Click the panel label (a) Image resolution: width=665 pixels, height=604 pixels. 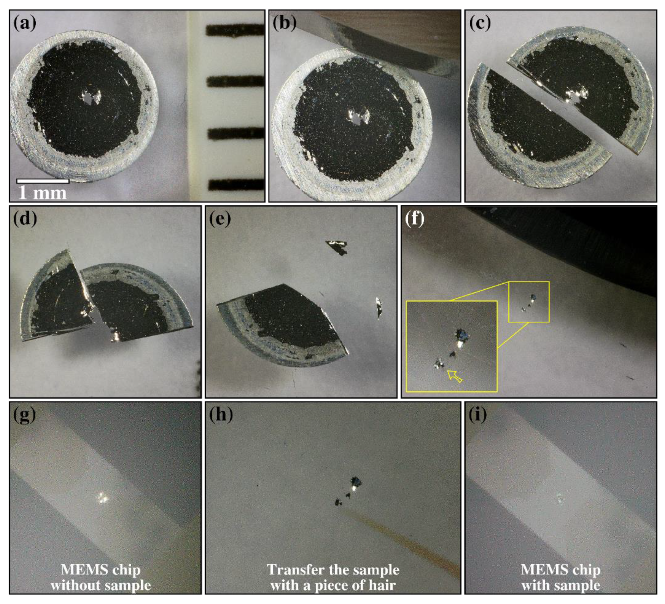tap(25, 24)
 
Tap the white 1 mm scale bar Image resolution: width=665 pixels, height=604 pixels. tap(43, 181)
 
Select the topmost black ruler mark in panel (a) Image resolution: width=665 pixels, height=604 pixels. tap(235, 30)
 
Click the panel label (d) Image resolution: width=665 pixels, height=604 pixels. tap(25, 219)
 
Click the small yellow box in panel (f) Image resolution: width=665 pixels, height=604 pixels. tap(529, 302)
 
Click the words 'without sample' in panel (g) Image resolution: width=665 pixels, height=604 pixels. tap(101, 585)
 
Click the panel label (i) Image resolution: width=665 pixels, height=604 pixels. tap(477, 415)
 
